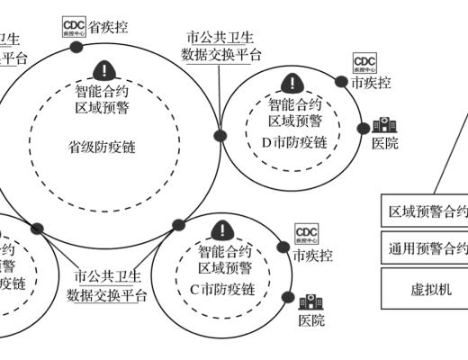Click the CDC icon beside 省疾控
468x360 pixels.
(x=74, y=27)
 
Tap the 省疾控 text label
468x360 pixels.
(x=108, y=27)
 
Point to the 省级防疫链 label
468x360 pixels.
(x=102, y=146)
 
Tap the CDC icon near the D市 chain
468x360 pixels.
(x=364, y=63)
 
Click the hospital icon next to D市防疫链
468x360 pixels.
(x=382, y=127)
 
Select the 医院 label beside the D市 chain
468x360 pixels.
(x=384, y=144)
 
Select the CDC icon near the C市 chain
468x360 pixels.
(x=307, y=236)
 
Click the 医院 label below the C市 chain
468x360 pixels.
(x=312, y=321)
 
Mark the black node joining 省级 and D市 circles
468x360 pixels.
(x=220, y=136)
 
